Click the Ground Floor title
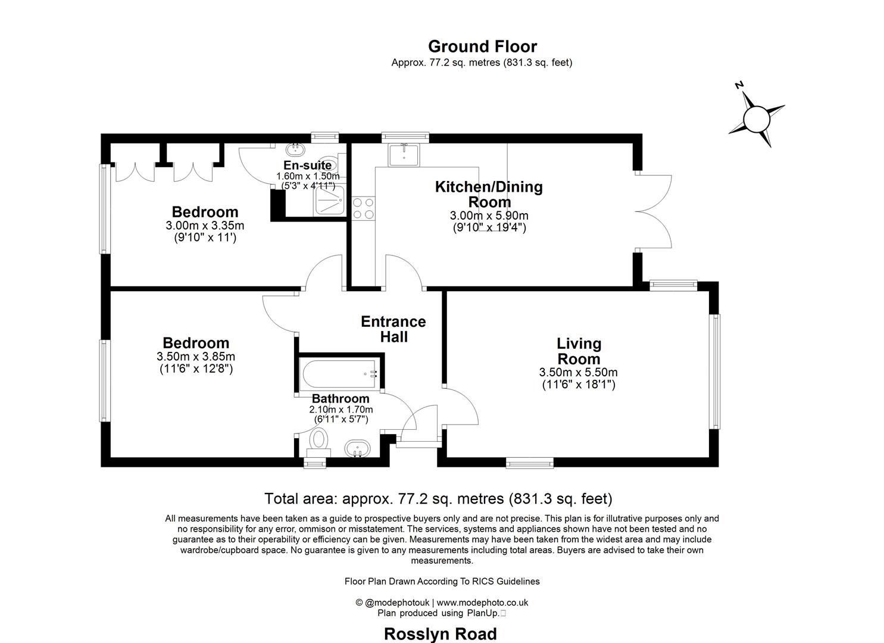[482, 46]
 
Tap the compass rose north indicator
[757, 118]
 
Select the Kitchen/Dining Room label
[489, 194]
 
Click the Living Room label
[579, 351]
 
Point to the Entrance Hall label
[393, 329]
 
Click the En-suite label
[307, 166]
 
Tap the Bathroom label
[341, 398]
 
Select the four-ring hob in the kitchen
[363, 208]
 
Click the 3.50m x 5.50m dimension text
[578, 372]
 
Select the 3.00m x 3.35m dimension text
[205, 226]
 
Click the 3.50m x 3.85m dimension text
[196, 357]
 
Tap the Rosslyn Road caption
[440, 634]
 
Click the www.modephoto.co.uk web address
[482, 602]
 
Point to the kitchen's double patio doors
[655, 211]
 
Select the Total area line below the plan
[438, 498]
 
